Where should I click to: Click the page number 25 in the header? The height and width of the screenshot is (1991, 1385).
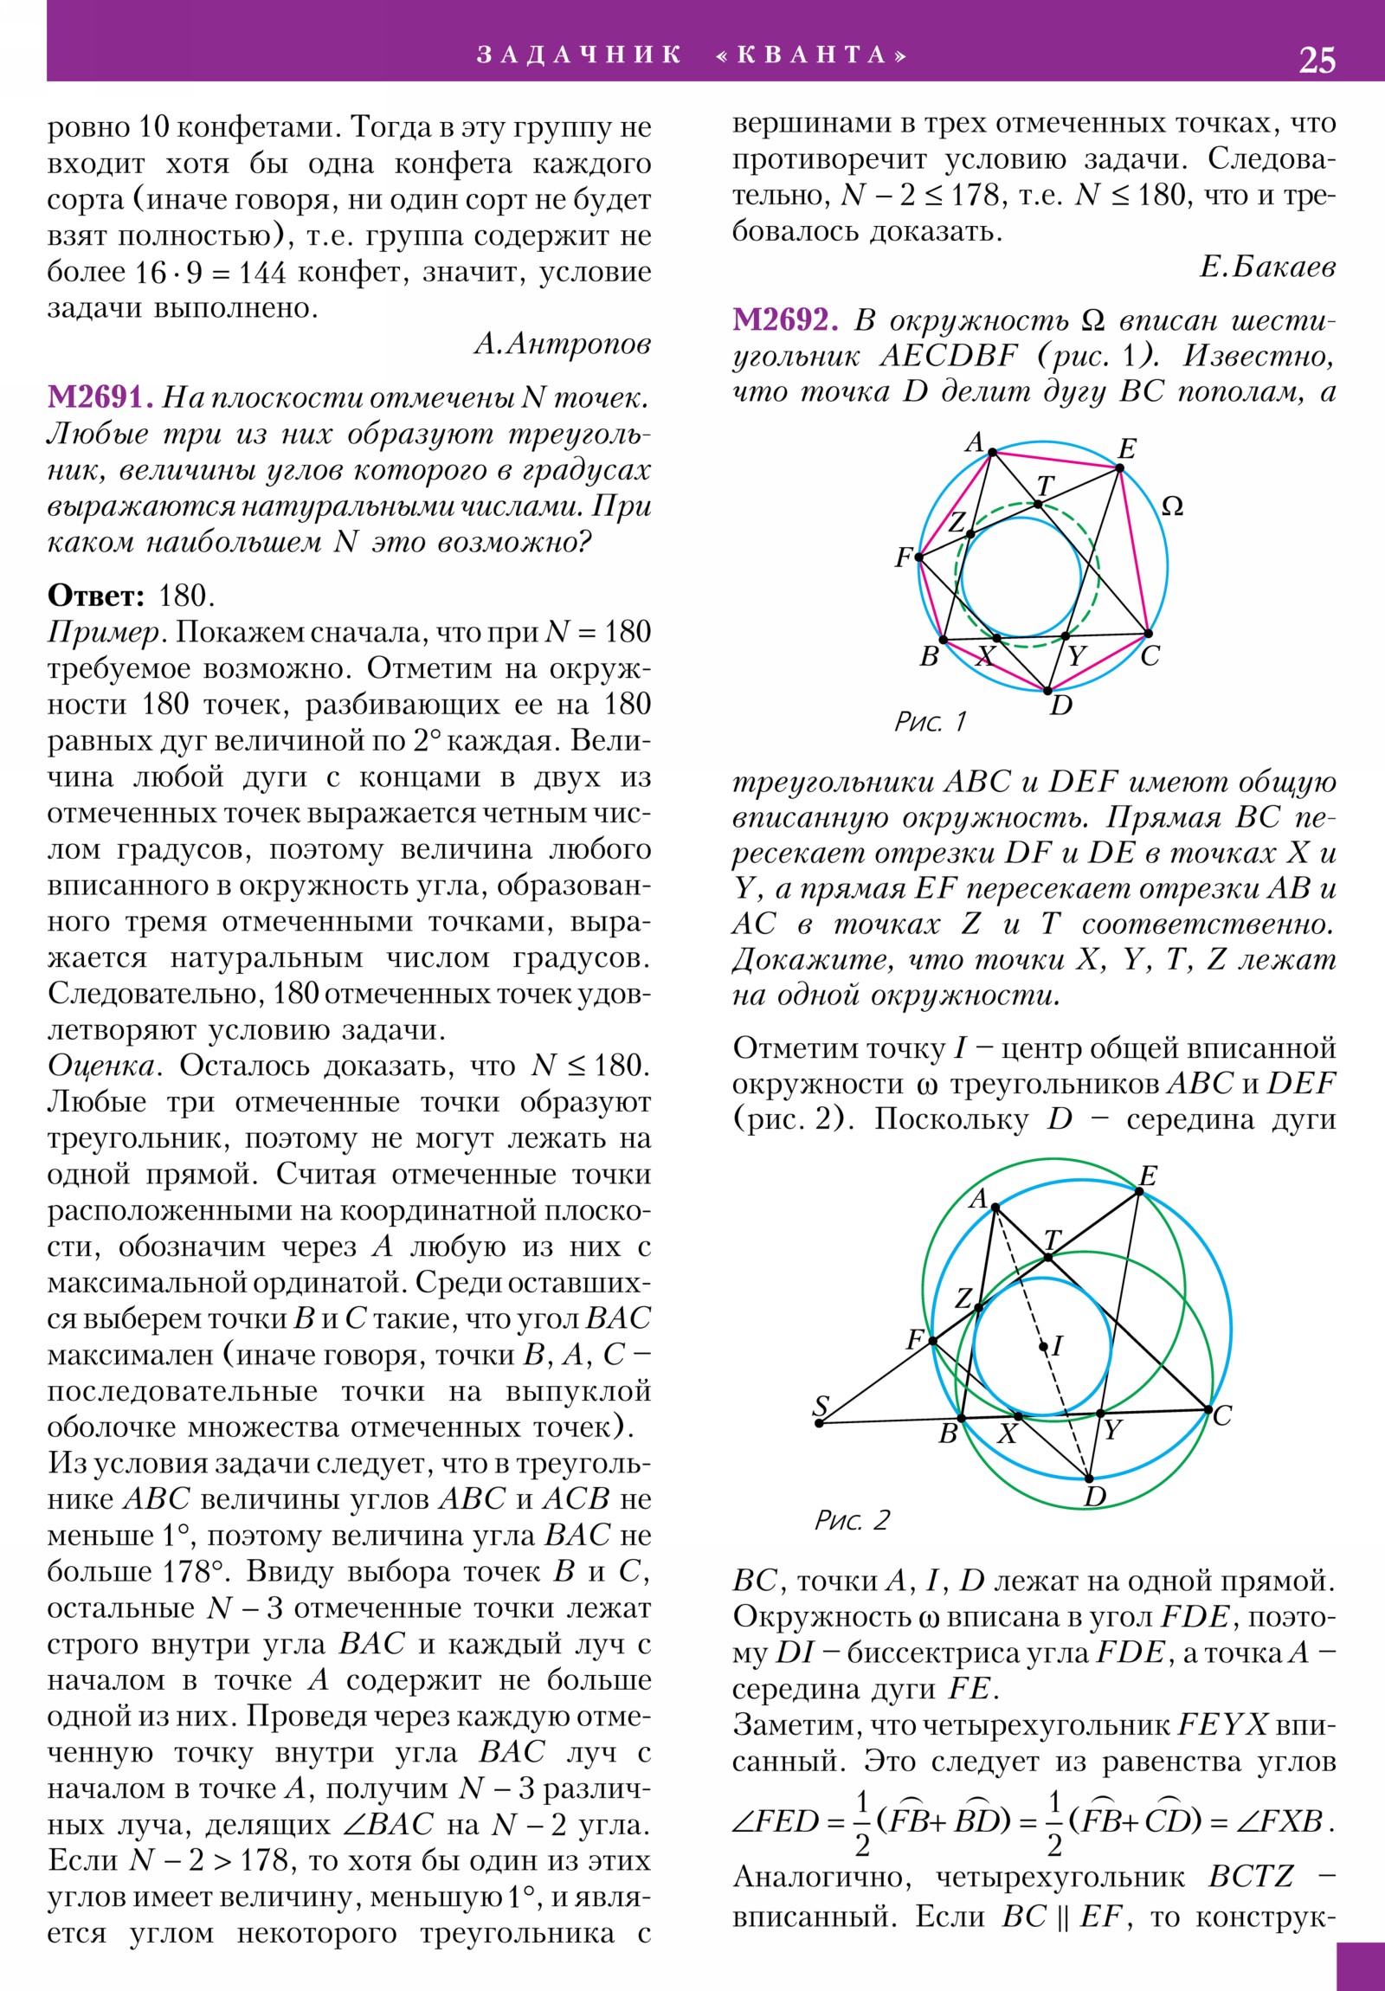pyautogui.click(x=1317, y=60)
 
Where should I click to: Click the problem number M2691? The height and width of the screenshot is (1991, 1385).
pyautogui.click(x=100, y=397)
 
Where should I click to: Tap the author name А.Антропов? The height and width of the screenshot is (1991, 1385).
pyautogui.click(x=562, y=345)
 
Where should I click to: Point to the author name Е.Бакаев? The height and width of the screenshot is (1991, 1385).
pyautogui.click(x=1267, y=267)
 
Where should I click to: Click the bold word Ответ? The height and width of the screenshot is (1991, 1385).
pyautogui.click(x=95, y=596)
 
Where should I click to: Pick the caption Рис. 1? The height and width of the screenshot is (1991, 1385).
pyautogui.click(x=930, y=721)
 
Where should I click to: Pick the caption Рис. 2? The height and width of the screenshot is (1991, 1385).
pyautogui.click(x=852, y=1520)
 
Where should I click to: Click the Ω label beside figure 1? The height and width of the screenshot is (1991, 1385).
pyautogui.click(x=1172, y=506)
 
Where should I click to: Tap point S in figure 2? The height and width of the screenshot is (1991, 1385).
pyautogui.click(x=820, y=1422)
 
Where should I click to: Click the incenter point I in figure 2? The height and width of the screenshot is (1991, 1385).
pyautogui.click(x=1043, y=1347)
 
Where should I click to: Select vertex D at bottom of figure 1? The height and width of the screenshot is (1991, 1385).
pyautogui.click(x=1047, y=691)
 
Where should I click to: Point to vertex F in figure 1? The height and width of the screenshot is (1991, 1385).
pyautogui.click(x=919, y=557)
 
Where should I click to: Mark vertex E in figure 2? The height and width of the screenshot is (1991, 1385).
pyautogui.click(x=1139, y=1191)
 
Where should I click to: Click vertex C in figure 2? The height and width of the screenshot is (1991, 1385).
pyautogui.click(x=1208, y=1410)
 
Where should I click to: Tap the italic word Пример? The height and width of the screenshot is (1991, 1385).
pyautogui.click(x=104, y=632)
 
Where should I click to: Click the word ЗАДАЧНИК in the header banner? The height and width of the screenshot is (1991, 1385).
pyautogui.click(x=578, y=55)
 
